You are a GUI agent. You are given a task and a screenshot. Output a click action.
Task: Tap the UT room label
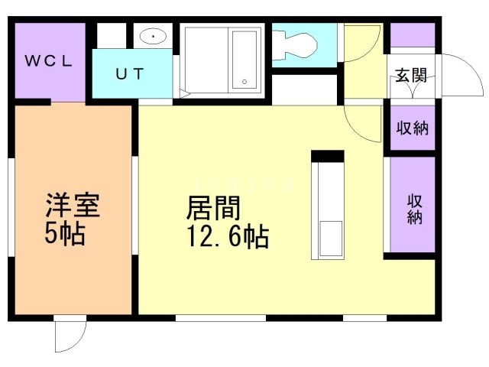click(x=129, y=74)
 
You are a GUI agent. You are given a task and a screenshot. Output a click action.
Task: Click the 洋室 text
click(x=73, y=205)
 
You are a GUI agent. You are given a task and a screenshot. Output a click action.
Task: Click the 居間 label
click(x=213, y=207)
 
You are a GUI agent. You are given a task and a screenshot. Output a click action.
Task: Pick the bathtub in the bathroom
click(x=244, y=59)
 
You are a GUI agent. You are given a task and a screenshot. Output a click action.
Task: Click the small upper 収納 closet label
click(x=412, y=128)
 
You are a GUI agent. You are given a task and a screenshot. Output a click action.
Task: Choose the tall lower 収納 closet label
click(x=414, y=209)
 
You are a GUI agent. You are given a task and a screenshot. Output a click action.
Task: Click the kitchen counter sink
click(x=329, y=239)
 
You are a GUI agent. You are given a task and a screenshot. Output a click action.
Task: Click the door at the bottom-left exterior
click(x=70, y=335)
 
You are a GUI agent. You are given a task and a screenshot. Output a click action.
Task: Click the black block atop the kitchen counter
click(x=328, y=157)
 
